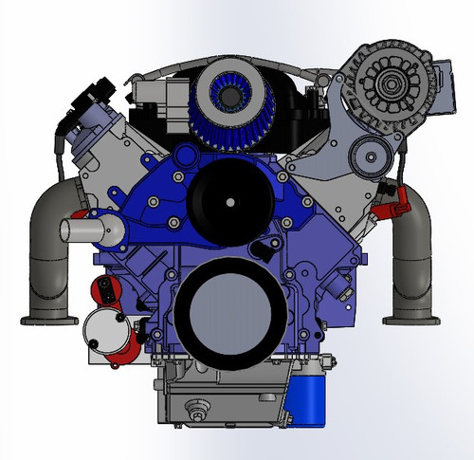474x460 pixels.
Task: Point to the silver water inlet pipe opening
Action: [x=69, y=230]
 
